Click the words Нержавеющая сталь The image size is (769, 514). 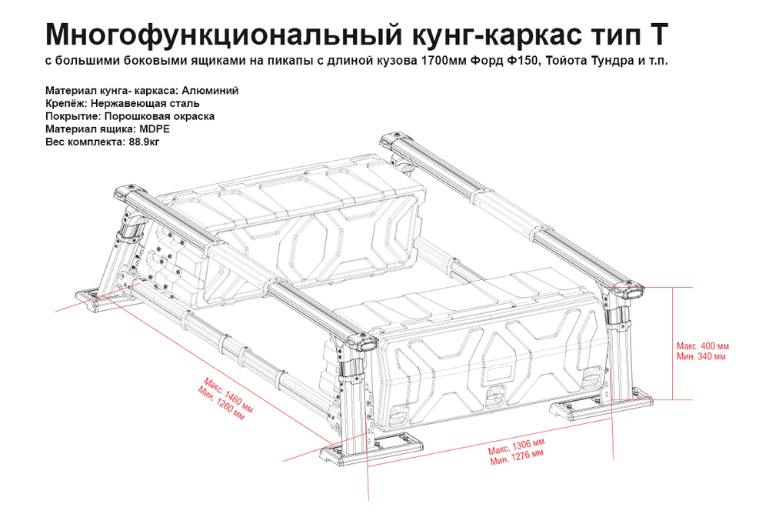tap(145, 103)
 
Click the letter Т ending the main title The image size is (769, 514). tap(658, 34)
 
